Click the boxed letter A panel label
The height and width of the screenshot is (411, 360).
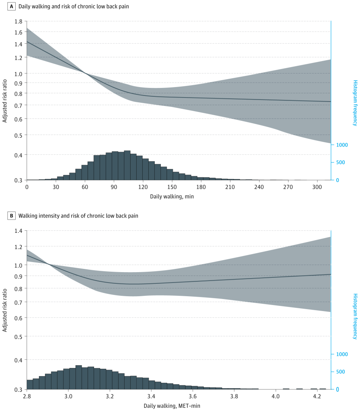12,7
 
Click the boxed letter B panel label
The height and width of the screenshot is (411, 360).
12,216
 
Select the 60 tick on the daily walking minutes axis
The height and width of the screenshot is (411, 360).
85,187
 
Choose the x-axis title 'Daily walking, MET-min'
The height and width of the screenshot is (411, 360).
172,406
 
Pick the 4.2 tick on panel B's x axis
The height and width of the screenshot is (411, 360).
317,397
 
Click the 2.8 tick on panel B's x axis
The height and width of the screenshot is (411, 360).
27,397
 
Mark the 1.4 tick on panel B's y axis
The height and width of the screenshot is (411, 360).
18,231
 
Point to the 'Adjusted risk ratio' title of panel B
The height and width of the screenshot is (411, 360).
5,309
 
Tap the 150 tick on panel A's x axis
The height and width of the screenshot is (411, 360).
172,187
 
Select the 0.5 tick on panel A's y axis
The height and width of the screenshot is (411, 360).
18,135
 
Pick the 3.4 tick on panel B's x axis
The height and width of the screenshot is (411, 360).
151,397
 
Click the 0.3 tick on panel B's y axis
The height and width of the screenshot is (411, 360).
18,389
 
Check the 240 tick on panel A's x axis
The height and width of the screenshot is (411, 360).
259,187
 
